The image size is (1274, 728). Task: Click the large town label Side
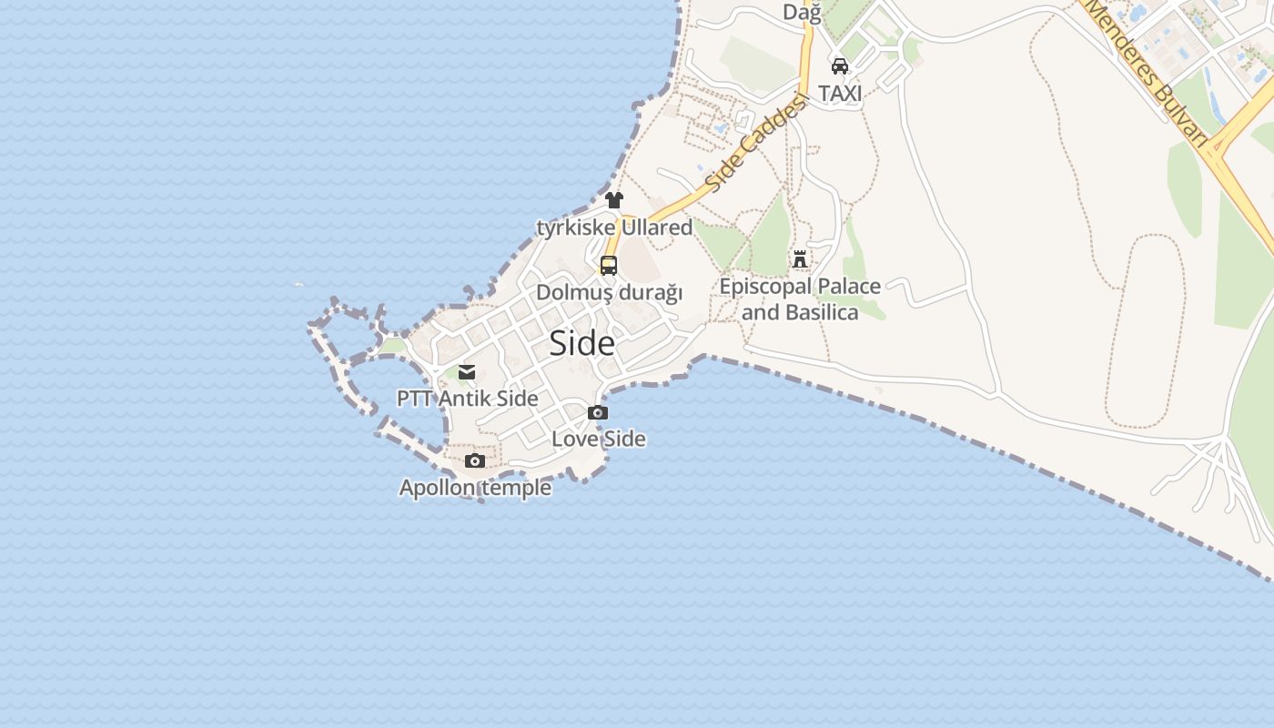click(582, 343)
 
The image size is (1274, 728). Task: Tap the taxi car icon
click(840, 66)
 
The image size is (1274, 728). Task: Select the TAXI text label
click(840, 93)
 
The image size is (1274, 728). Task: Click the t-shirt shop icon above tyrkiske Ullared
click(614, 200)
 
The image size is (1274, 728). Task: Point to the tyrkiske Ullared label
click(614, 227)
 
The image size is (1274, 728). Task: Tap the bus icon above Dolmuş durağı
click(609, 266)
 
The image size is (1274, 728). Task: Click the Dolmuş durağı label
click(609, 293)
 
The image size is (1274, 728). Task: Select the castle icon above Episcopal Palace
click(800, 259)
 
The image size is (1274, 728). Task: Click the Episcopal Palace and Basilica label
click(800, 299)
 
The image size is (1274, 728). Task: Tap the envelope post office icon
click(467, 371)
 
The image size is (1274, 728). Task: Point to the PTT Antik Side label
click(467, 399)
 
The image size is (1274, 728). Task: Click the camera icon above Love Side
click(598, 412)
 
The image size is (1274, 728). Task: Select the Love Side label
click(599, 439)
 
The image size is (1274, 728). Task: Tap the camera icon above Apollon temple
click(475, 460)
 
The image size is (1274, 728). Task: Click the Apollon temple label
click(475, 488)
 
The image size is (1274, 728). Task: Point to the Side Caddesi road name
click(756, 143)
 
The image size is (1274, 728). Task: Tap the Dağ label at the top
click(802, 13)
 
